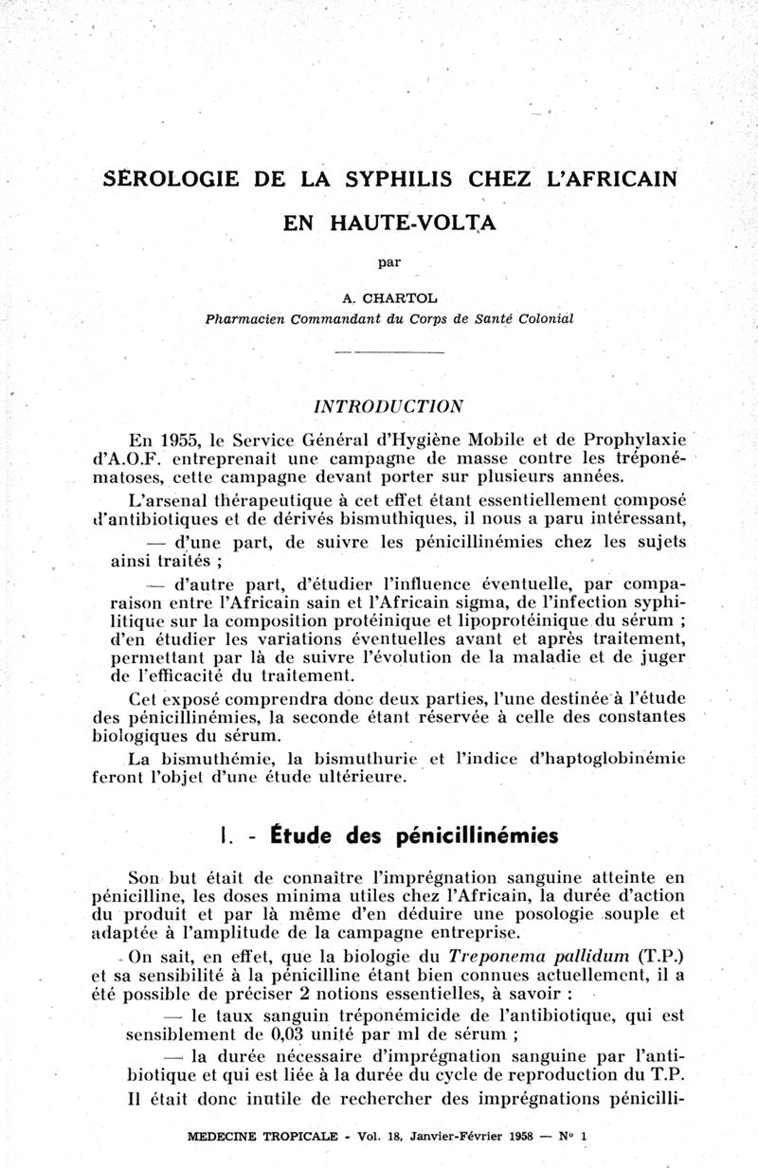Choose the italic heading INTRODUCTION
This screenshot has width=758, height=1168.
tap(388, 405)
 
